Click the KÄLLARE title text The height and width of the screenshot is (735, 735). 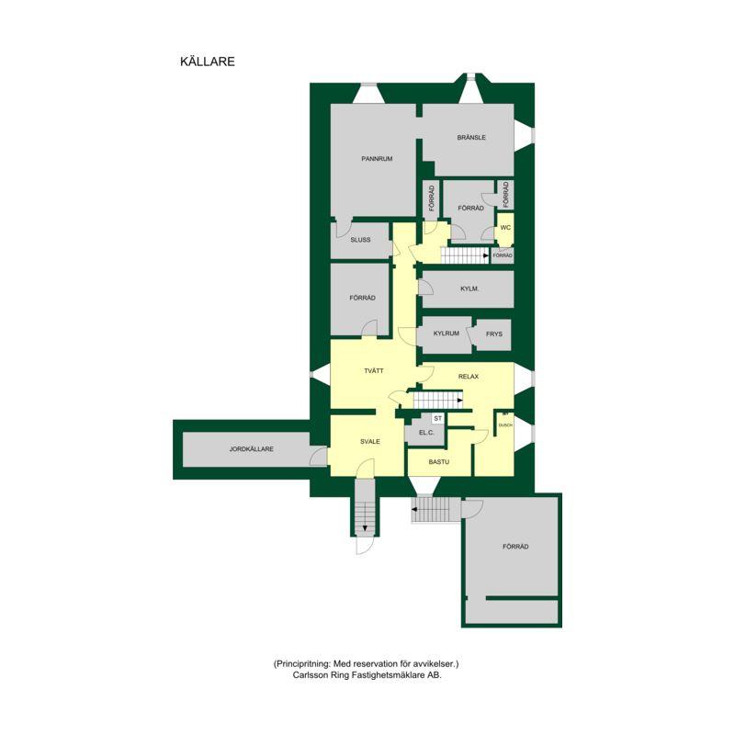tap(208, 62)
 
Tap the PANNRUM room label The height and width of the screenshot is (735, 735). tap(377, 159)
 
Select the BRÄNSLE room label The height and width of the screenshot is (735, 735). tap(471, 137)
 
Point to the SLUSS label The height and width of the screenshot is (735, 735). tap(360, 240)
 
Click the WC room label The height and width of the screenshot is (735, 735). tap(505, 228)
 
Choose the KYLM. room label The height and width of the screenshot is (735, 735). tap(469, 288)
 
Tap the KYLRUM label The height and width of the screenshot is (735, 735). tap(447, 334)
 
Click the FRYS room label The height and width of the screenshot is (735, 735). tap(494, 334)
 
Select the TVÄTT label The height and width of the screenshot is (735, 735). tap(374, 371)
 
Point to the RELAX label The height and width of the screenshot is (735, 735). tap(469, 377)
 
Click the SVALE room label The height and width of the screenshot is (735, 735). tap(370, 442)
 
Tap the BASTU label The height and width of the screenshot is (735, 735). tap(439, 462)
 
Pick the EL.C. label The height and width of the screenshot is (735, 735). tap(426, 433)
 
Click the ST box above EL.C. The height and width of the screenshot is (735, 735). tap(438, 419)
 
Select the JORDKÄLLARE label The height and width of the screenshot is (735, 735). tap(251, 449)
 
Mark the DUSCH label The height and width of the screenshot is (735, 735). tap(505, 425)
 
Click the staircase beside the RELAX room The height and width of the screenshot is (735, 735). tap(438, 401)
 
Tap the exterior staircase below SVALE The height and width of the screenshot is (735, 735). tap(365, 507)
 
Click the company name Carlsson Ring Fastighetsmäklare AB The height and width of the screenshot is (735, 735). tap(367, 675)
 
